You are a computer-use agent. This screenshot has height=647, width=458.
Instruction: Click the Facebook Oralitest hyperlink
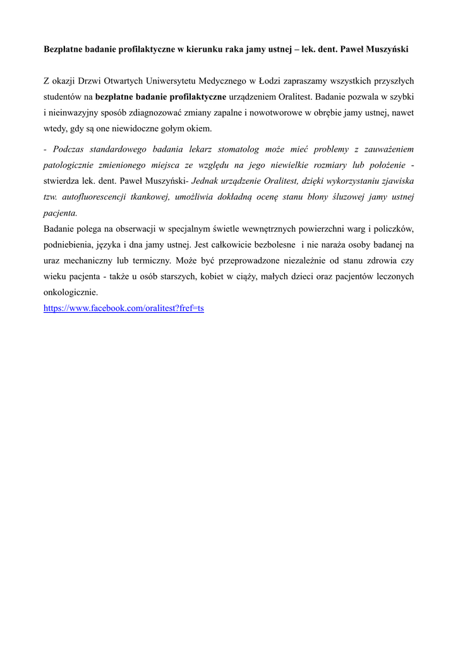(123, 308)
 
